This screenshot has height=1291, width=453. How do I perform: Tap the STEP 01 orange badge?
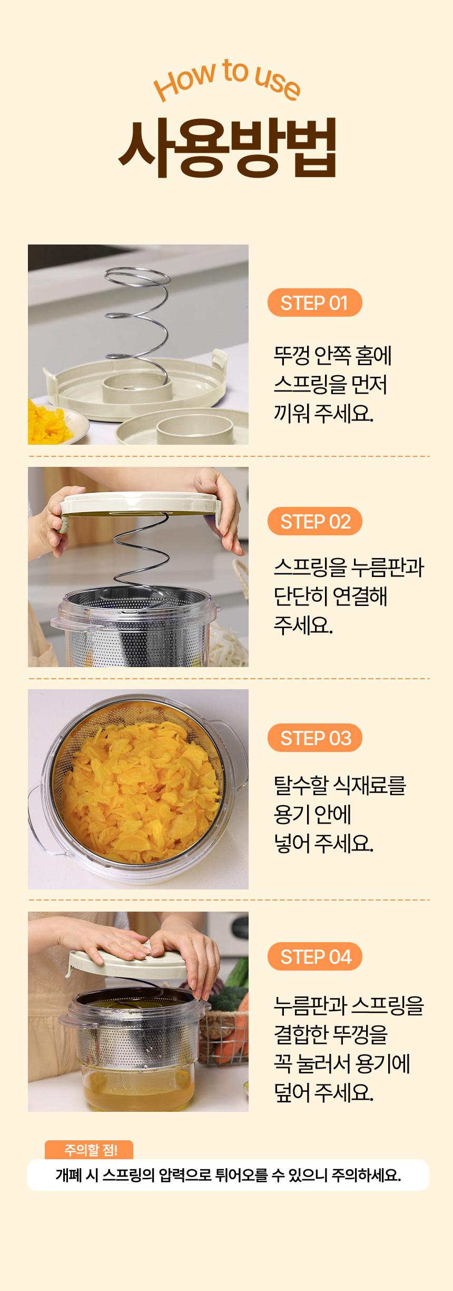(x=314, y=302)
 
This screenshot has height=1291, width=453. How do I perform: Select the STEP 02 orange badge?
(x=314, y=521)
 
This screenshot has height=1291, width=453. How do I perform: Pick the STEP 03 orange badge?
(x=314, y=738)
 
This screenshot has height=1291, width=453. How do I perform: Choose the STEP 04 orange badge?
(x=314, y=956)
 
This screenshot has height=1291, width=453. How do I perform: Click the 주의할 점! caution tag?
(x=90, y=1150)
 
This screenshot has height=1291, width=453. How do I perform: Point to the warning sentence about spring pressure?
(x=228, y=1175)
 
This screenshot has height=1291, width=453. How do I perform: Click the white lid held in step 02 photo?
(x=140, y=503)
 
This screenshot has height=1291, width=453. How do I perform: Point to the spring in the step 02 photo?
(x=140, y=559)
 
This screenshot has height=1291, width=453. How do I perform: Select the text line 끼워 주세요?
(x=323, y=414)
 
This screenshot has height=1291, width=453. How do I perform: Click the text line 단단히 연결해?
(x=330, y=596)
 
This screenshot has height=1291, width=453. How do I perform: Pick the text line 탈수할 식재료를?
(x=340, y=786)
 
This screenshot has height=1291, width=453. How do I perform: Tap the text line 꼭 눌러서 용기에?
(x=342, y=1063)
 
